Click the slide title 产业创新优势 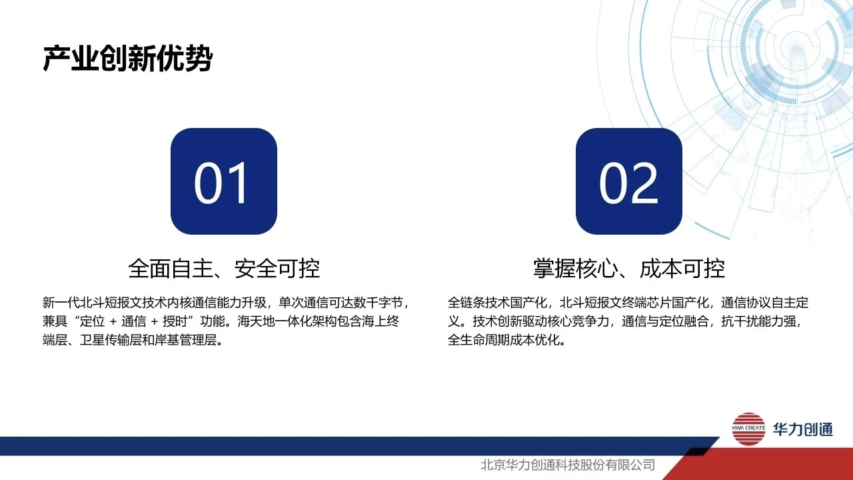pyautogui.click(x=127, y=59)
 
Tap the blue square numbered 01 pyautogui.click(x=224, y=181)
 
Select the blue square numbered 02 pyautogui.click(x=628, y=181)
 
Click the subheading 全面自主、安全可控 pyautogui.click(x=224, y=269)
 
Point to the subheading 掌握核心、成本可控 pyautogui.click(x=628, y=269)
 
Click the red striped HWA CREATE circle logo pyautogui.click(x=748, y=429)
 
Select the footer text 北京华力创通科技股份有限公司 pyautogui.click(x=568, y=465)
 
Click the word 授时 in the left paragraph pyautogui.click(x=175, y=321)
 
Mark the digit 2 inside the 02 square pyautogui.click(x=644, y=182)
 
